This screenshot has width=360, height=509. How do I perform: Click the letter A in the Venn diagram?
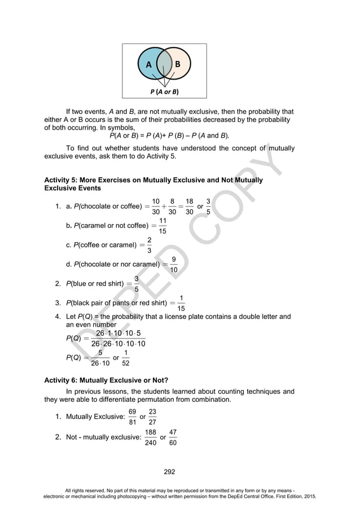[149, 64]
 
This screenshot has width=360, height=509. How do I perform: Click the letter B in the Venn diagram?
[178, 64]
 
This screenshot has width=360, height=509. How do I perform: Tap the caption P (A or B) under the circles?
[164, 91]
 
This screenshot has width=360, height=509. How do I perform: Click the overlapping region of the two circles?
[164, 66]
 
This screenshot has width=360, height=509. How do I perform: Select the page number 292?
[169, 472]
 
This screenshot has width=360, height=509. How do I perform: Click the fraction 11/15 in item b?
[163, 226]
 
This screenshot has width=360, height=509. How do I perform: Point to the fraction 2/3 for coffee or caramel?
[149, 245]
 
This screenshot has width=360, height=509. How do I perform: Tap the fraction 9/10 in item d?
[173, 264]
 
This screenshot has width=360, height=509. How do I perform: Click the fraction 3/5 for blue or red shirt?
[137, 283]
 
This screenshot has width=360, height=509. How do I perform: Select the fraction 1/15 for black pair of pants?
[181, 303]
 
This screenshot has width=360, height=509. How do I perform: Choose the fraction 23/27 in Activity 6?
[152, 417]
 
